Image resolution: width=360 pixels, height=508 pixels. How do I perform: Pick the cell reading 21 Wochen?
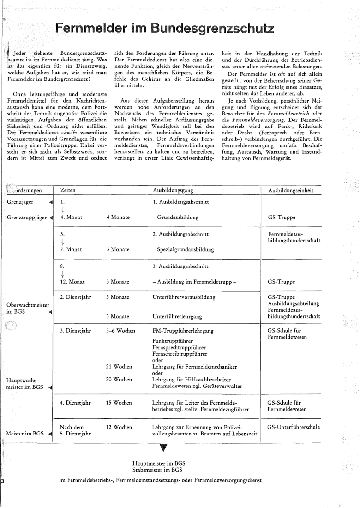(x=119, y=367)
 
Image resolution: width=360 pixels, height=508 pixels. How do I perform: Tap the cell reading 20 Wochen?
(x=119, y=380)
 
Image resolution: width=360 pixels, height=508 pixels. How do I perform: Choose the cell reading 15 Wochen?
(x=119, y=403)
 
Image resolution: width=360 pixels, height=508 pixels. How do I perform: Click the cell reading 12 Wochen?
(x=119, y=427)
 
